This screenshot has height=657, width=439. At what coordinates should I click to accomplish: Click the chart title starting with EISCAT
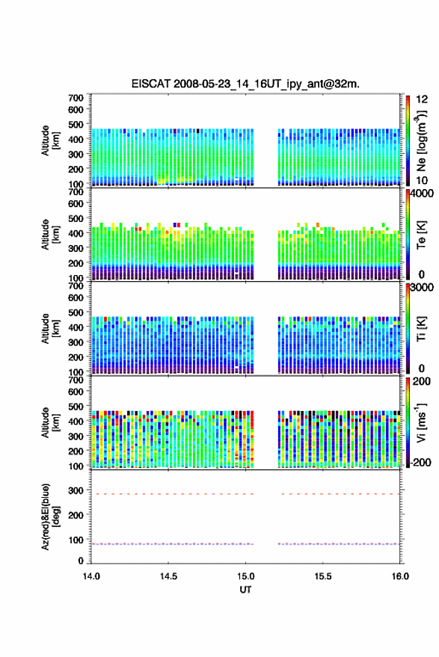[245, 84]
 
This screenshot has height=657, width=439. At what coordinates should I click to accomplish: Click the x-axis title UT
[245, 590]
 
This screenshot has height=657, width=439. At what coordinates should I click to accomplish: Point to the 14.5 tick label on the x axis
[168, 576]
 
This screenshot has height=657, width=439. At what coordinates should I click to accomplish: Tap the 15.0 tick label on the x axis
[246, 576]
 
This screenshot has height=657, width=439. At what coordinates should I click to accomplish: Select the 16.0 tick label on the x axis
[400, 576]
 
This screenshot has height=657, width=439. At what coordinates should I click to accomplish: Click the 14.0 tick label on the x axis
[91, 576]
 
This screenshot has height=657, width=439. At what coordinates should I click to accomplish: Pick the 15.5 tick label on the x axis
[323, 576]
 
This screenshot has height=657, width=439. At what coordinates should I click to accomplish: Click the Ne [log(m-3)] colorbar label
[422, 141]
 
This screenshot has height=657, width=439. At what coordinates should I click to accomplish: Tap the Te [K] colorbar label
[421, 235]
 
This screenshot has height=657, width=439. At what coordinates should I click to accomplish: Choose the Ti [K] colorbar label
[421, 329]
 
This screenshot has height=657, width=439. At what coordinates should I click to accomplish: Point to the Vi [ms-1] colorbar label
[421, 423]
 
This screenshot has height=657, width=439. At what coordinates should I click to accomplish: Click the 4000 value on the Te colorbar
[422, 194]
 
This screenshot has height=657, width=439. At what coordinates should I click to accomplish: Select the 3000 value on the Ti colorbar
[422, 288]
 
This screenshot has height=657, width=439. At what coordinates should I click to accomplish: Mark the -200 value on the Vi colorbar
[420, 463]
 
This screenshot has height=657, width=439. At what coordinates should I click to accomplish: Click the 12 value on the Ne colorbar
[423, 99]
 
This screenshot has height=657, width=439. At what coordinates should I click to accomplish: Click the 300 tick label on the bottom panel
[76, 490]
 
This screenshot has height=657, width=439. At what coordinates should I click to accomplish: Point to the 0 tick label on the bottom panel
[81, 561]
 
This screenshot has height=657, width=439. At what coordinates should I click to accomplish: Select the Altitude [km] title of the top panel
[50, 141]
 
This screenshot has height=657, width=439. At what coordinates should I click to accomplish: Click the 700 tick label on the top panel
[76, 98]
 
